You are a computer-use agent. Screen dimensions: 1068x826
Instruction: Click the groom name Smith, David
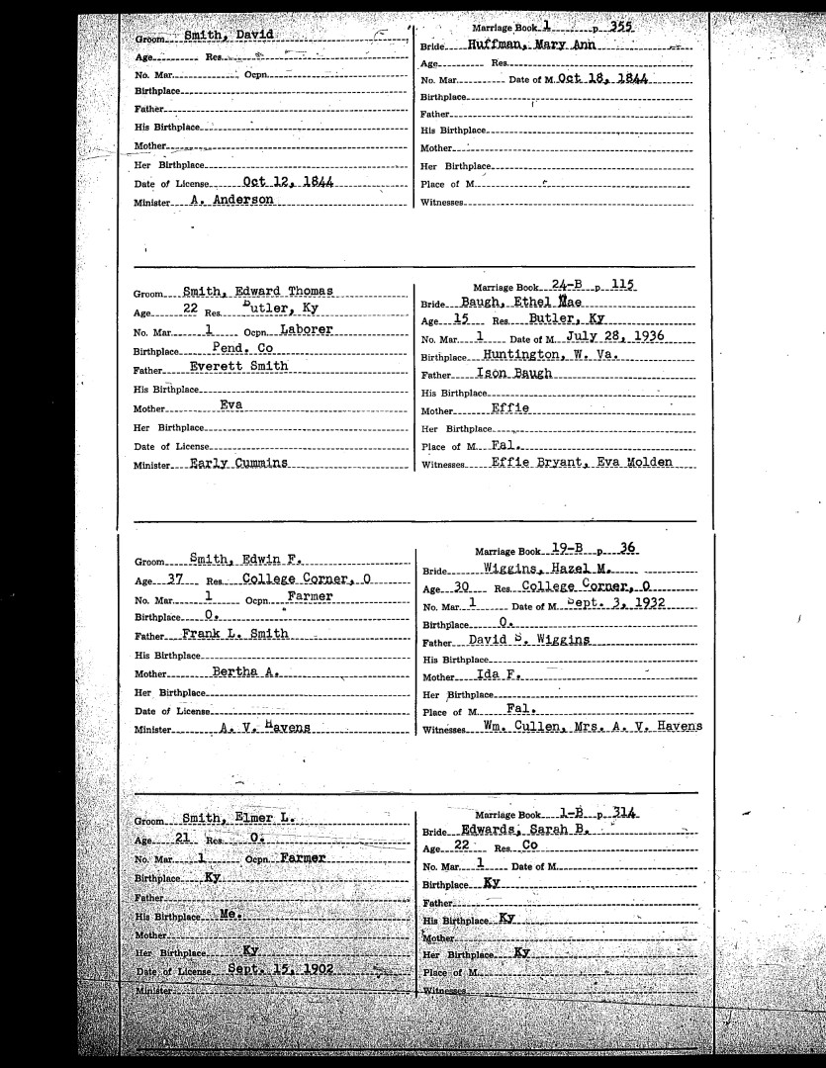(220, 35)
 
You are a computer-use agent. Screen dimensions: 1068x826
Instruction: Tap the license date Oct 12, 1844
(287, 183)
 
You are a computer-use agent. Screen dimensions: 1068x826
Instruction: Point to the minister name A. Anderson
(231, 200)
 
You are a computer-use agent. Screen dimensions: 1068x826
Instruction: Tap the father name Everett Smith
(239, 366)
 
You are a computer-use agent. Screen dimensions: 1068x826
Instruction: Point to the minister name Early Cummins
(237, 462)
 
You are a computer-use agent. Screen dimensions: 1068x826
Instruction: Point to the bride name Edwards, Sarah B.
(524, 832)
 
